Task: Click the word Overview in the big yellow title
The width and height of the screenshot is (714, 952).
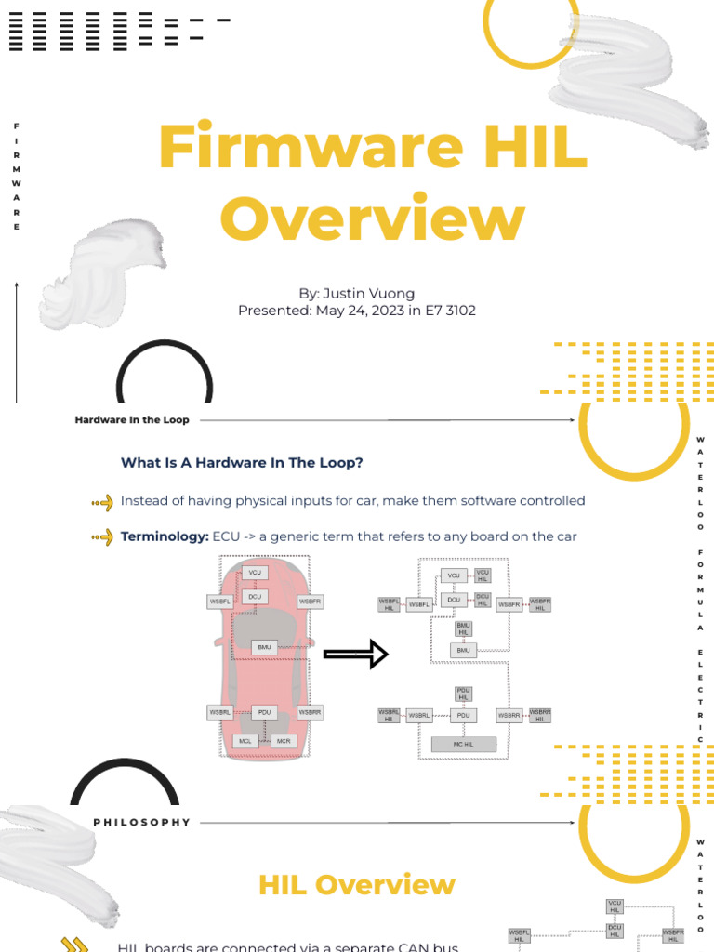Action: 372,219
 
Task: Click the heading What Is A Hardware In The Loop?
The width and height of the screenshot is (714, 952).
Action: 242,462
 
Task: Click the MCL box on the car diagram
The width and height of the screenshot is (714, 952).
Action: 245,741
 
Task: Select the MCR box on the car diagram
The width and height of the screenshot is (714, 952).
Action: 284,741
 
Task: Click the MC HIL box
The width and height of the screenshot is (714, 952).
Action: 464,744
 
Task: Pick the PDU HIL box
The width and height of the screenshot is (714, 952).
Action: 463,694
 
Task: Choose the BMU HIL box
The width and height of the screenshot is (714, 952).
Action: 463,628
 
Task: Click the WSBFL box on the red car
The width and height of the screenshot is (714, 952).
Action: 219,602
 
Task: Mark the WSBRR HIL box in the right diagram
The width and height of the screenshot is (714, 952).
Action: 540,715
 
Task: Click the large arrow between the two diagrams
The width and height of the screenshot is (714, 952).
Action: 355,654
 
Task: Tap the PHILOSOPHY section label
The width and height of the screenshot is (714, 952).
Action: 141,822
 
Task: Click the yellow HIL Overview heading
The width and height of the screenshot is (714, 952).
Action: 357,884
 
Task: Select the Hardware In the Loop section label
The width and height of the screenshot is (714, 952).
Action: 132,420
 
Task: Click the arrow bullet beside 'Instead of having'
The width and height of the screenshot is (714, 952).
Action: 102,502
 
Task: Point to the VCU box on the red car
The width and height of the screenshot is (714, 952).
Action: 255,573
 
